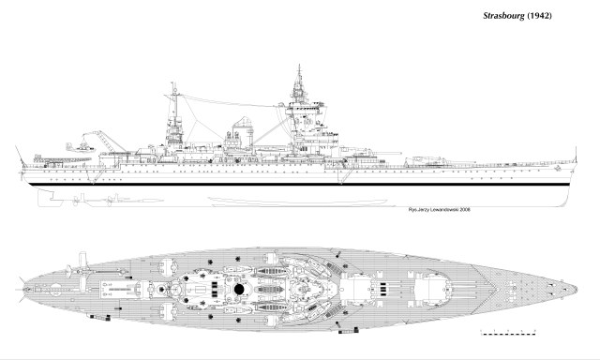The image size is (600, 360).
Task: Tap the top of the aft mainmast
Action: click(174, 87)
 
